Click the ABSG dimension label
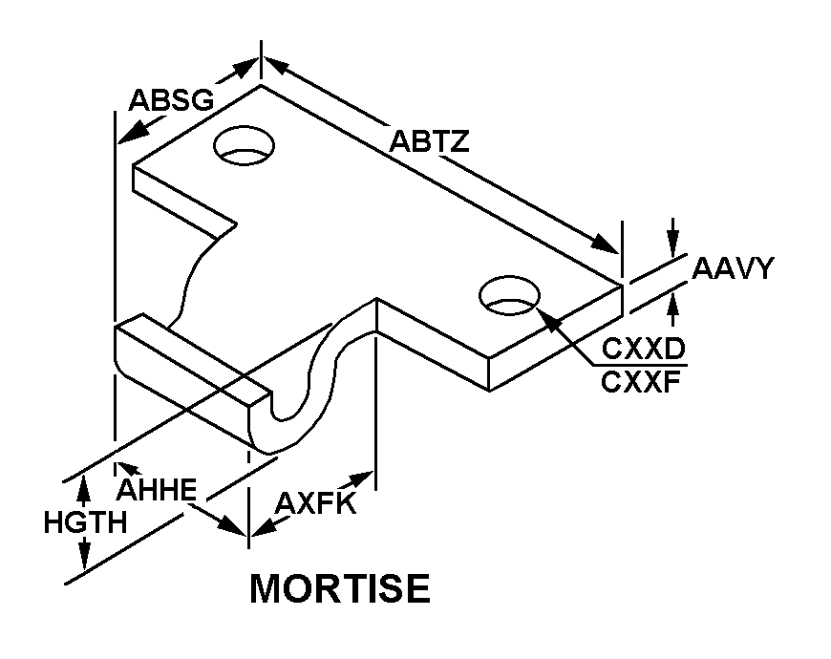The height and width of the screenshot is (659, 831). tap(171, 100)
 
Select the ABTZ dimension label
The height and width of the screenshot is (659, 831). tap(429, 142)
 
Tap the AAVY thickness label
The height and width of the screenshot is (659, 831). tap(733, 268)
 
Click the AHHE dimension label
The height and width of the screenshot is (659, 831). tap(158, 490)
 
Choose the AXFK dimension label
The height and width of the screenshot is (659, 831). tap(315, 503)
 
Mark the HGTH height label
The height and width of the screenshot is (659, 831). tap(85, 522)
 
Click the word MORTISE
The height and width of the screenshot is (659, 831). tap(339, 588)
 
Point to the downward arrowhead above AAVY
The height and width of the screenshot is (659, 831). tap(673, 244)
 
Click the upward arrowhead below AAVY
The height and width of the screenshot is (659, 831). tap(673, 304)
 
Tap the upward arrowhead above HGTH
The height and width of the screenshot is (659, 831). tap(84, 485)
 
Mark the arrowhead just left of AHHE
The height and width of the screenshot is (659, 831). tap(123, 468)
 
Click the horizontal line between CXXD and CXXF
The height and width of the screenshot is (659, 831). tap(638, 365)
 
